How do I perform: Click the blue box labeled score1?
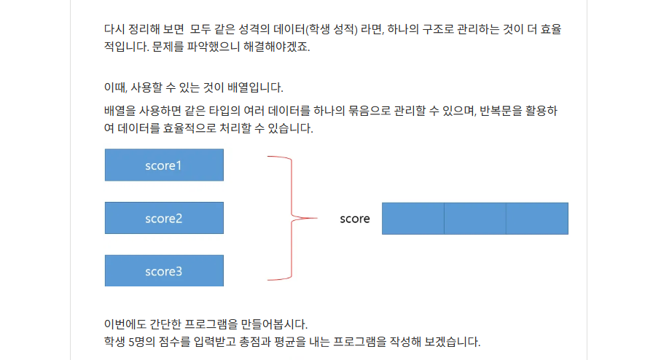(x=164, y=165)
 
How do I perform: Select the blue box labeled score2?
(x=164, y=218)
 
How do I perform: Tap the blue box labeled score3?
(x=164, y=271)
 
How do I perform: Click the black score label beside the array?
(x=355, y=219)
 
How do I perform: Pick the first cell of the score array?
(x=412, y=219)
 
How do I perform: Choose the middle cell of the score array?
(x=474, y=219)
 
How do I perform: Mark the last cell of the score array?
(x=537, y=219)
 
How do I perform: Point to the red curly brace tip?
(x=315, y=218)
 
